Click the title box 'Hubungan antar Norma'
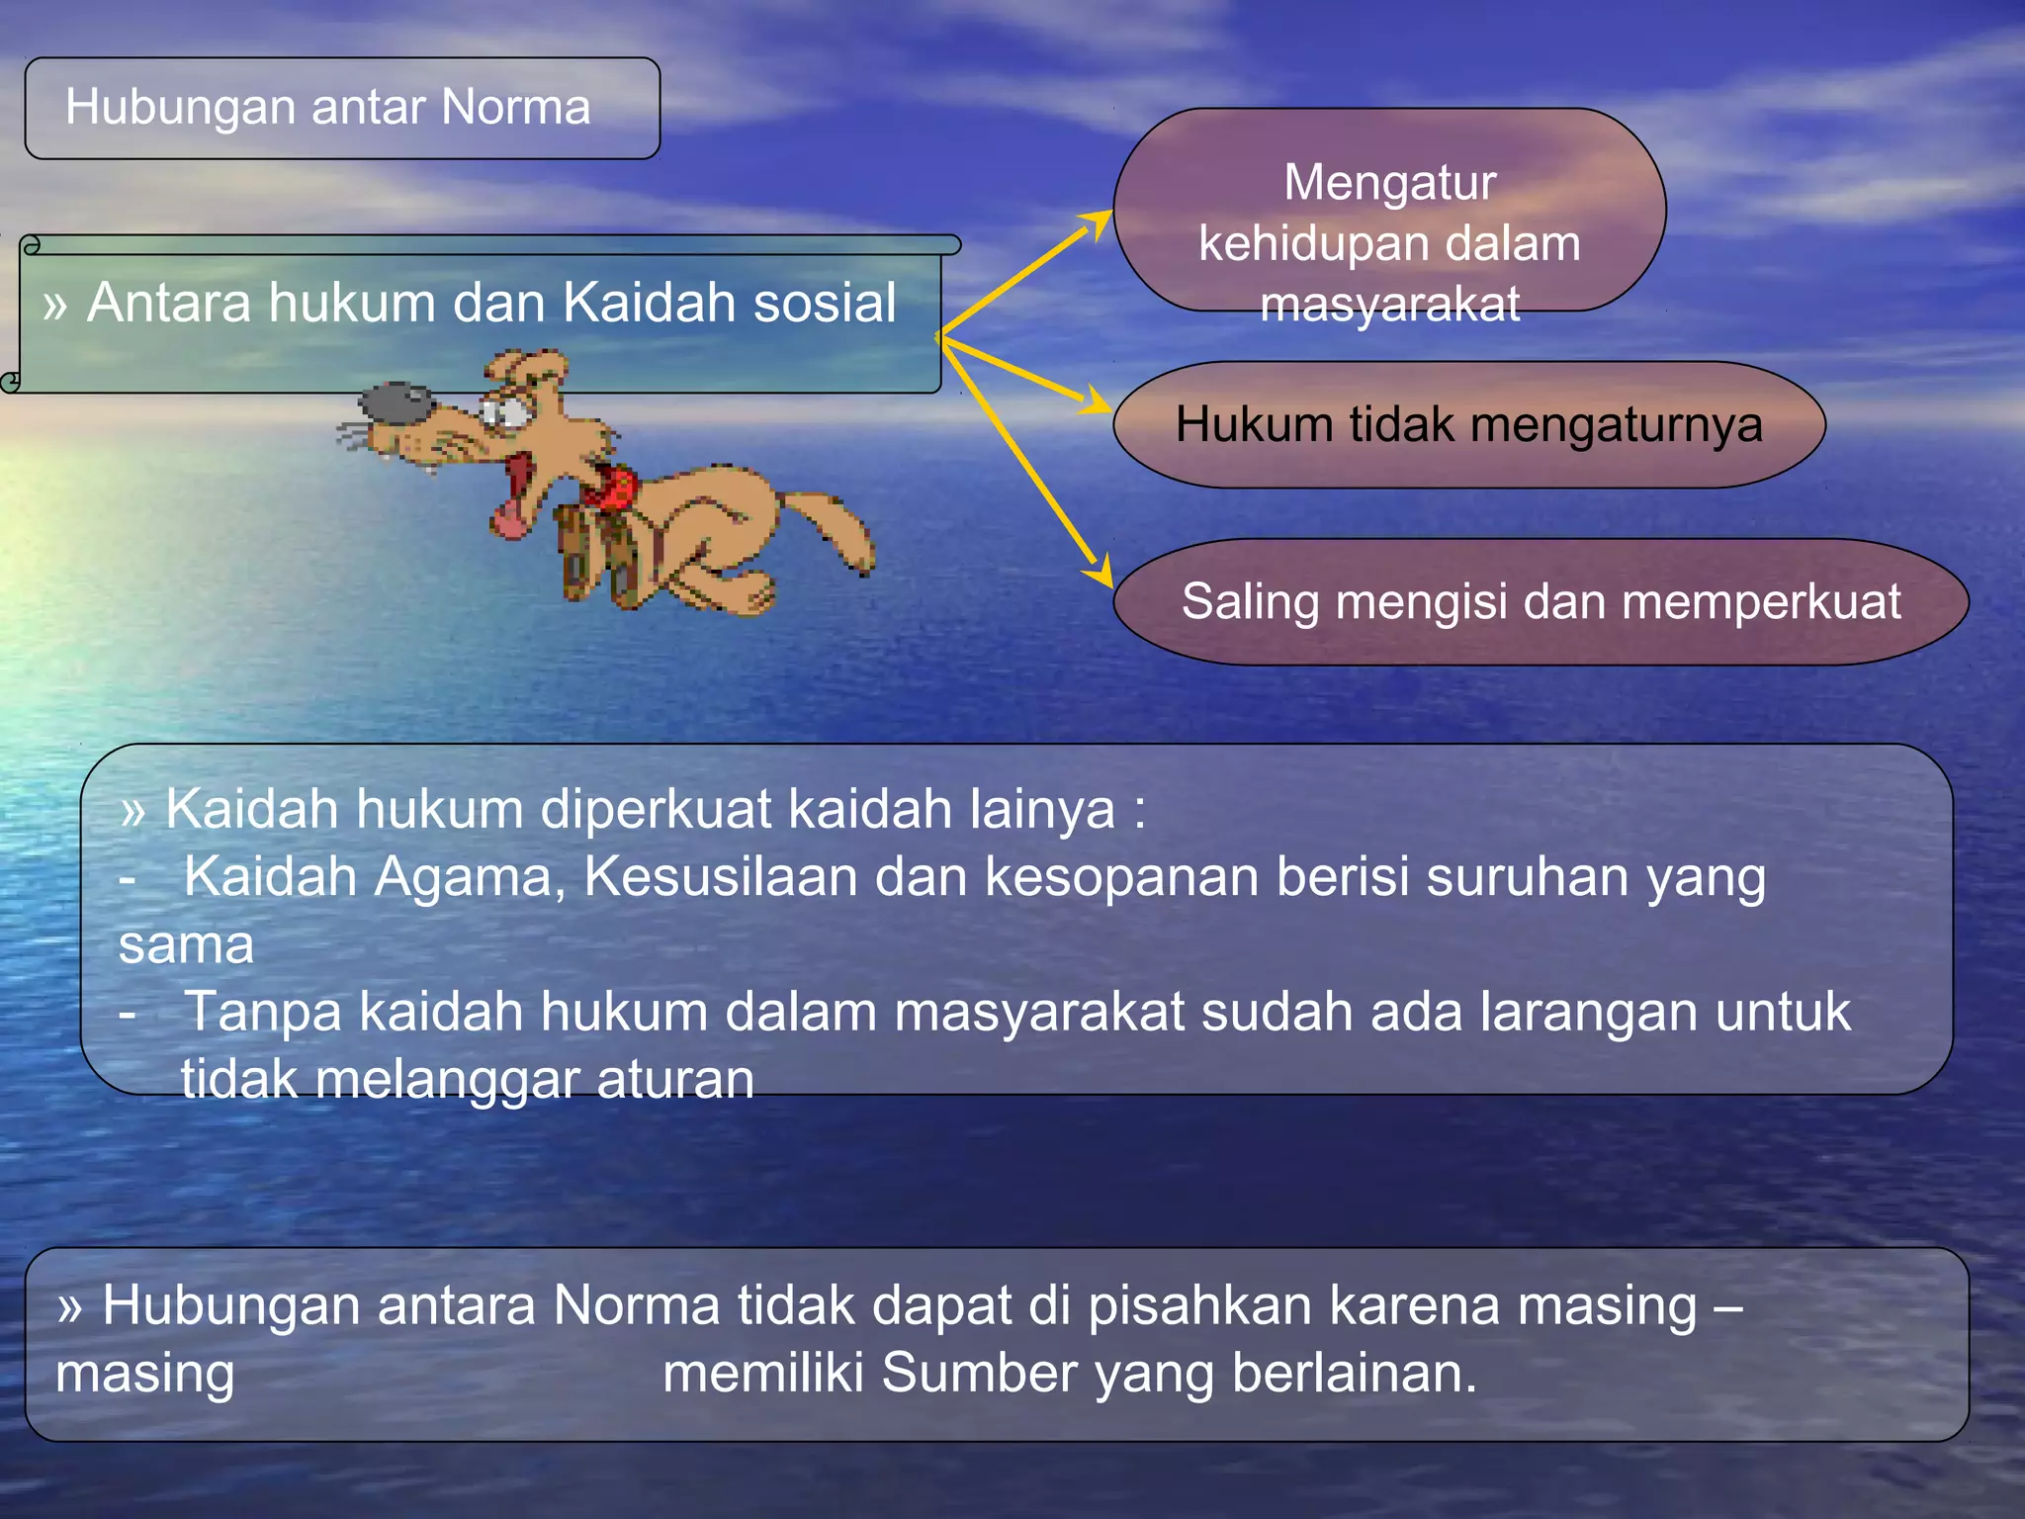341,108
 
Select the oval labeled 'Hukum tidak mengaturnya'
1468,425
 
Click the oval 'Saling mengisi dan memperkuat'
1540,602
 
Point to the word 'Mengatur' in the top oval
1389,183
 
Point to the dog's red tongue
511,514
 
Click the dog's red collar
611,487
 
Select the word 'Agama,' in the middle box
468,877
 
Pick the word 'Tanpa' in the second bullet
263,1013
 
